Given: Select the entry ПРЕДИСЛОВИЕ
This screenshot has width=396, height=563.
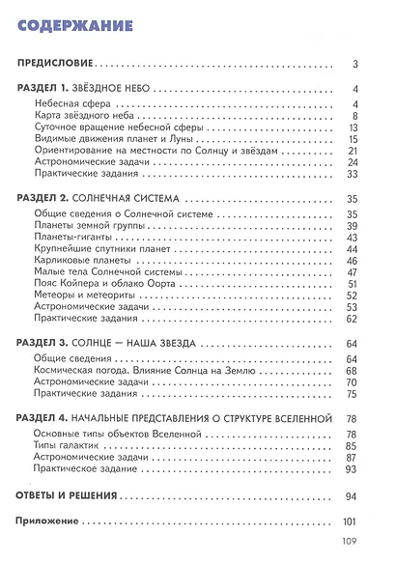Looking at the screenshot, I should [59, 66].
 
